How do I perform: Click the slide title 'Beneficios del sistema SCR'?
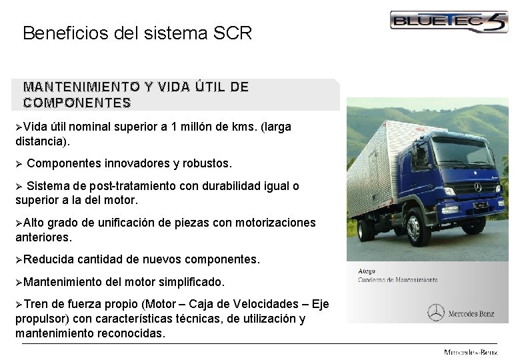137,33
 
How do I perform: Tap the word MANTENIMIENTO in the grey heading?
73,87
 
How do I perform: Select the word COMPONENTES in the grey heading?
77,103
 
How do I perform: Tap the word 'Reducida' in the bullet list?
49,259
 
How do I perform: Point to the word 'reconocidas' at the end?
129,333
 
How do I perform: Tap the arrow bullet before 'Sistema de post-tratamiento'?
19,186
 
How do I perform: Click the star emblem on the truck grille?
478,189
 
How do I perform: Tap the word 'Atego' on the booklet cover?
366,271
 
